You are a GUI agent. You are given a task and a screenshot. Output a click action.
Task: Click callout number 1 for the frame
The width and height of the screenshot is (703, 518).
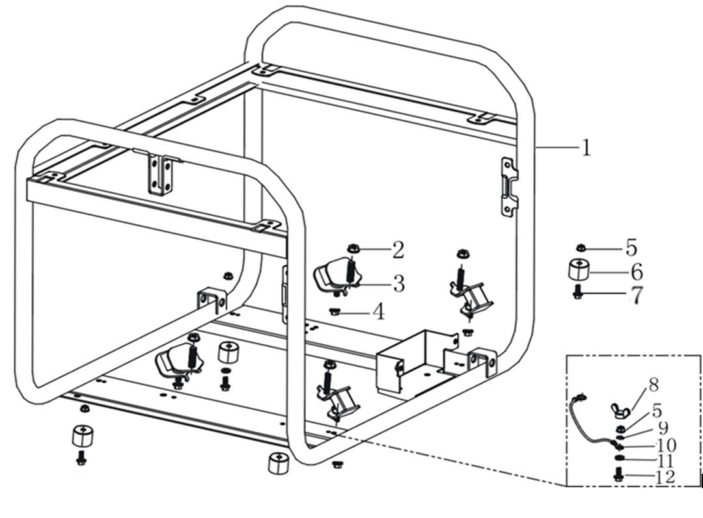(586, 148)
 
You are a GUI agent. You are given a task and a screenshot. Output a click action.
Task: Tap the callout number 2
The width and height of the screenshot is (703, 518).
(398, 249)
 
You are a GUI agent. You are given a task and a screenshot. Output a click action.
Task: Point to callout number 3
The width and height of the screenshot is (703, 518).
(398, 283)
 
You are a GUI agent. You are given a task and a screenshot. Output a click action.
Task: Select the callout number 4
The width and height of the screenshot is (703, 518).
(378, 312)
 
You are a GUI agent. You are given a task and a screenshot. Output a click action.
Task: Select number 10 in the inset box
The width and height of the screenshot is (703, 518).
(666, 445)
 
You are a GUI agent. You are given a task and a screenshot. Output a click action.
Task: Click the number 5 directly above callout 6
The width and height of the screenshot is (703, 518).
(631, 248)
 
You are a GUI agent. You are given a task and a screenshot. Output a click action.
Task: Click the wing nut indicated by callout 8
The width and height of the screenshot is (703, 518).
(618, 409)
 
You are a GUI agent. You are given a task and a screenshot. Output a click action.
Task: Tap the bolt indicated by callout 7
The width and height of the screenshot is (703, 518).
(577, 293)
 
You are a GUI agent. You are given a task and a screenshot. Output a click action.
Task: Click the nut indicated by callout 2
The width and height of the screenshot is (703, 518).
(355, 248)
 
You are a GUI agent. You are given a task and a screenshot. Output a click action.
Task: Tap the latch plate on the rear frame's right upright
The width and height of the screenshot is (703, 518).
(510, 187)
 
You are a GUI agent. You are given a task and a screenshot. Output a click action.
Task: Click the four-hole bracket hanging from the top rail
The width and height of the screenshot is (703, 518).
(161, 174)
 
